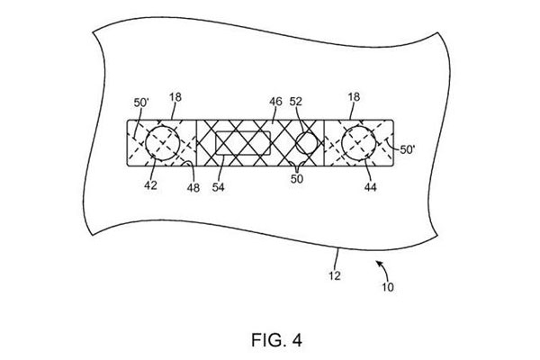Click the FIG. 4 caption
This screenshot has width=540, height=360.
[277, 340]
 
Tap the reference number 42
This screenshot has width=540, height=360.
[150, 185]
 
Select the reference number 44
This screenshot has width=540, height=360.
[370, 187]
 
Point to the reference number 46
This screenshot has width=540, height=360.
[275, 102]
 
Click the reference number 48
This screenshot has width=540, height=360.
[193, 188]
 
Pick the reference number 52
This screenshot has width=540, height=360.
[295, 102]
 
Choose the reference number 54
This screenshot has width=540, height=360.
[219, 187]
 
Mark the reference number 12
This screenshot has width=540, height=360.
[335, 275]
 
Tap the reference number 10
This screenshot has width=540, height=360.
[388, 287]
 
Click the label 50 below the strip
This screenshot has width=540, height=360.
[297, 179]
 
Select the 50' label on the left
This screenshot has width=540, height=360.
[141, 103]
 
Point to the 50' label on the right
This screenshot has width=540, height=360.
[408, 149]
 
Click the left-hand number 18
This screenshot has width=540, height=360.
[175, 97]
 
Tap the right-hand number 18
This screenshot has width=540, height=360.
[354, 97]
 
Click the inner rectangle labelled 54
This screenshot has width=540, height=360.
[243, 131]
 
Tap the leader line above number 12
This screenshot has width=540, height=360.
[337, 259]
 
